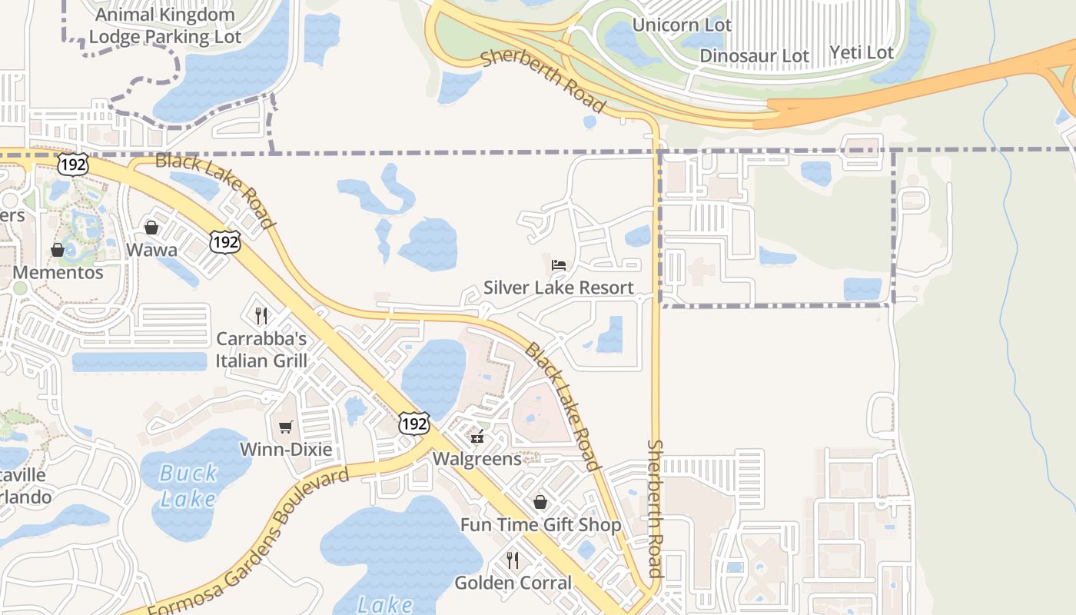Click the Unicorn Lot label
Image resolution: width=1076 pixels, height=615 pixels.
click(682, 25)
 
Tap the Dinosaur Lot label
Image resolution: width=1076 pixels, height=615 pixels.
click(754, 55)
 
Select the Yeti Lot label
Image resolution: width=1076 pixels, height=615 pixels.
click(862, 52)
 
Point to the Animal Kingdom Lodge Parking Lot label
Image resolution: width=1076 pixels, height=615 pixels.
click(165, 25)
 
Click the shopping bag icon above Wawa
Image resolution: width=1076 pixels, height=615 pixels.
click(151, 228)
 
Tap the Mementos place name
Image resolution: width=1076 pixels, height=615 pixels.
click(58, 272)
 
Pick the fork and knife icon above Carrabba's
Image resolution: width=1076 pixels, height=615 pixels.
click(261, 315)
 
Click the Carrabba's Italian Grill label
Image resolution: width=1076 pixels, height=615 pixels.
click(261, 350)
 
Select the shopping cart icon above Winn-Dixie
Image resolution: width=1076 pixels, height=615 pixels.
click(286, 427)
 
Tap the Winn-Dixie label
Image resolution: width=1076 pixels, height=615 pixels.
click(286, 449)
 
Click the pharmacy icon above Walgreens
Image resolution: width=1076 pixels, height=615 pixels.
click(477, 437)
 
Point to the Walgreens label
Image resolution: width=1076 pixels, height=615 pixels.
click(477, 459)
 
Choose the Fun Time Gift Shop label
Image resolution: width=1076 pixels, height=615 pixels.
click(540, 525)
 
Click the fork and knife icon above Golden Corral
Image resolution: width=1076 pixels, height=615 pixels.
click(513, 560)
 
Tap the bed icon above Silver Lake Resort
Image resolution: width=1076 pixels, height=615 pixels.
click(559, 265)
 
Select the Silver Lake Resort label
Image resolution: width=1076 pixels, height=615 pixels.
click(559, 288)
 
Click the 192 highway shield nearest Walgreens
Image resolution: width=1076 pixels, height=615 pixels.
click(413, 423)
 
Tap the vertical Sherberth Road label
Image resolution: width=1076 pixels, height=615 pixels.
click(655, 507)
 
